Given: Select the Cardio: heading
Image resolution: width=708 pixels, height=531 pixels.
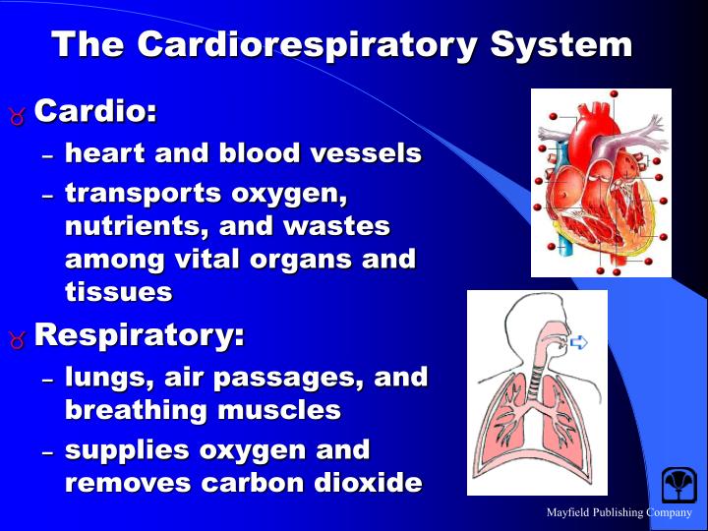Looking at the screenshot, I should (95, 111).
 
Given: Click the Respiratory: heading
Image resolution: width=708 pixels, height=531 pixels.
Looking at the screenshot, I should (139, 335).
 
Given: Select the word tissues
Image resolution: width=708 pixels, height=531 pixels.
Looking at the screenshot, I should (118, 292).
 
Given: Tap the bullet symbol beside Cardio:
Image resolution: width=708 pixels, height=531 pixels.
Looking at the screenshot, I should (17, 114).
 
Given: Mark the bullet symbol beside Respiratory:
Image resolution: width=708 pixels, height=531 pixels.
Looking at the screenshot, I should (17, 338).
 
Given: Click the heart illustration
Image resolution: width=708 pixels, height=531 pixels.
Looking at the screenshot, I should (600, 182).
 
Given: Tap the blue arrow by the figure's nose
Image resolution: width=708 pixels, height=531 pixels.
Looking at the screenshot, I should (579, 342).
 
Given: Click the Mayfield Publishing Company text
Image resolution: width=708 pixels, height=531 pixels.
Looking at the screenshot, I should (619, 512).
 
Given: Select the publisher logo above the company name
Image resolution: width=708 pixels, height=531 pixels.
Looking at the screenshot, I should (678, 485).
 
